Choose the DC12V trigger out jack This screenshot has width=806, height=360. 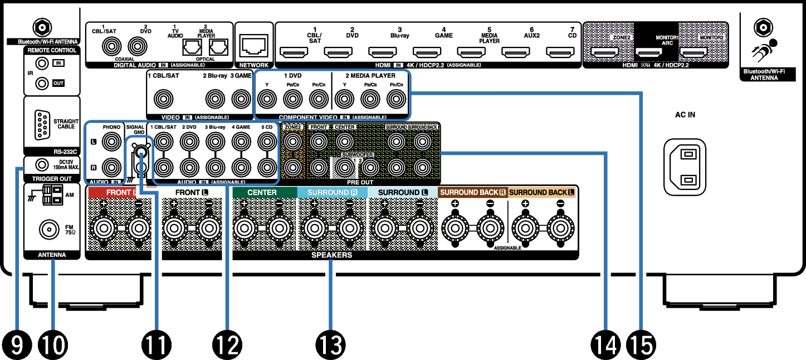(41, 164)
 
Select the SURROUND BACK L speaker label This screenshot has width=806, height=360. (542, 192)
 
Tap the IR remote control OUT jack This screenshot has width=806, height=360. (41, 84)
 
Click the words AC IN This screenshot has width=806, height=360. (685, 115)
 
